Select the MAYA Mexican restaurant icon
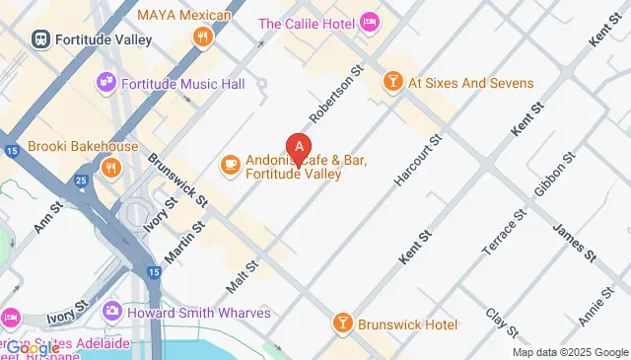click(x=203, y=37)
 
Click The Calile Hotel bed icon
click(x=370, y=22)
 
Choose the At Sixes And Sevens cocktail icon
click(x=392, y=84)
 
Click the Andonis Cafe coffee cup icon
click(x=230, y=164)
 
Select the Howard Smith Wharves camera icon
click(x=112, y=312)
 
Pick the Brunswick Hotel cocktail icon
click(x=340, y=323)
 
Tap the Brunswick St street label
click(x=177, y=180)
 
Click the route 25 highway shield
click(x=82, y=180)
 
